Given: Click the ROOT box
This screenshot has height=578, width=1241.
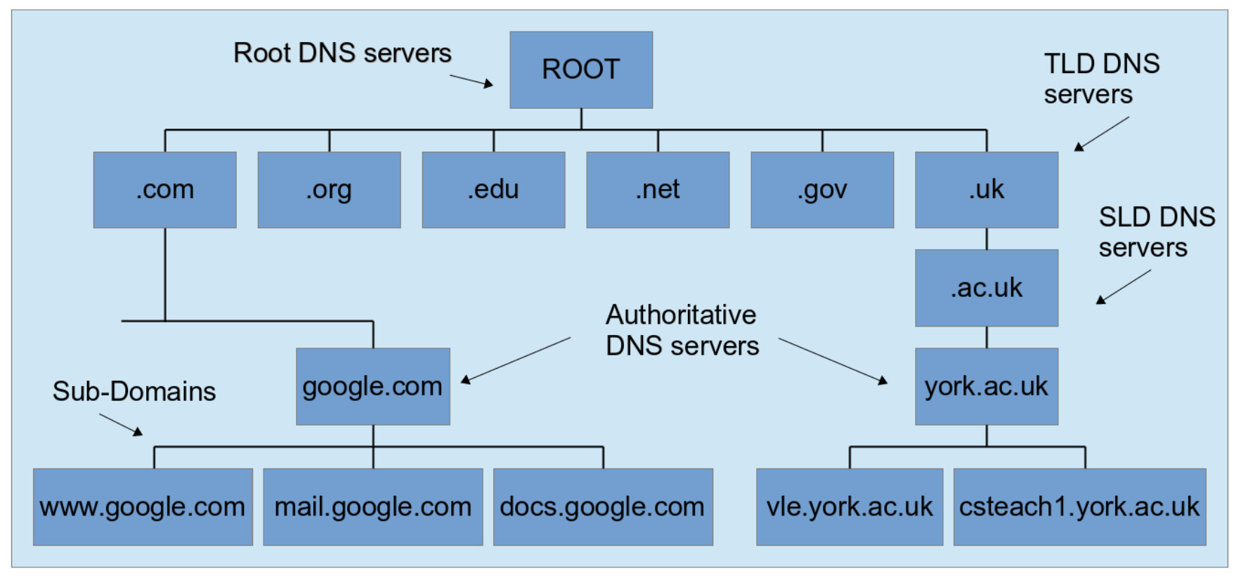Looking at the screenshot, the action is point(581,70).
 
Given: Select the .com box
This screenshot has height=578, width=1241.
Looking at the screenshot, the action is point(165,190).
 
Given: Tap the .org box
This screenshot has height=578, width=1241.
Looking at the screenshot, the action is point(329,190).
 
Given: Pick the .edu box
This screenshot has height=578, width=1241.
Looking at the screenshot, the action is point(493,190).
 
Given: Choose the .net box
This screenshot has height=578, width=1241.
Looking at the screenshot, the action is point(658,190).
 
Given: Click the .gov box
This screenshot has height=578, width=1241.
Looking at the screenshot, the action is point(822,190).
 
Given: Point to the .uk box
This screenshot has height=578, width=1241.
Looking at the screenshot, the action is point(987,190).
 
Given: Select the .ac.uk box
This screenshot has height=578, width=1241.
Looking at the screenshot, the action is point(987,288).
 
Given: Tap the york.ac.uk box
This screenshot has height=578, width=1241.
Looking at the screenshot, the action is point(987,386).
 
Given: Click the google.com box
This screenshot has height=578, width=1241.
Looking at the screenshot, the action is point(373,386).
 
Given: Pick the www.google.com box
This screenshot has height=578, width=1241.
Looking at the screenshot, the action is point(143,507).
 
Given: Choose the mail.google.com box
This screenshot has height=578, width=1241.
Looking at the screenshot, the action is point(373,507).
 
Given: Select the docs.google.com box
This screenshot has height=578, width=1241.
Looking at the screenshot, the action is point(603,507).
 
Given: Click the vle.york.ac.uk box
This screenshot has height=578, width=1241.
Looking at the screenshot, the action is point(850,507).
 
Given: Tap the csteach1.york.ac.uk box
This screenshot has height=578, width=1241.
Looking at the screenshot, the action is point(1080,507).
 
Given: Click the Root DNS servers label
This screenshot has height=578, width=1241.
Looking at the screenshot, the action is point(342,53).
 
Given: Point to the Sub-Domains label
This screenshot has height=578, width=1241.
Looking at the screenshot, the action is point(134,391).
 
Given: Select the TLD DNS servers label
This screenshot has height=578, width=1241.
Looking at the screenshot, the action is point(1101,79).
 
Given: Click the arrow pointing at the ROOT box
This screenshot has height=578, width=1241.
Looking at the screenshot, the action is point(472,81).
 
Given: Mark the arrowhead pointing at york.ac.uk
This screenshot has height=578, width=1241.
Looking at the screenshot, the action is point(883,381).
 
